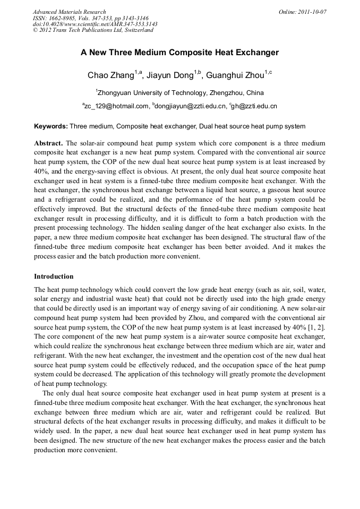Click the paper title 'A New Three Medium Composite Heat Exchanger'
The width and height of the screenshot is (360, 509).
(x=179, y=53)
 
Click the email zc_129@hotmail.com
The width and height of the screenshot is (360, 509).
(x=116, y=106)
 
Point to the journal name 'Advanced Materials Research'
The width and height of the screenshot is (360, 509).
(x=69, y=12)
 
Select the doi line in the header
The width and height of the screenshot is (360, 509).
(x=95, y=24)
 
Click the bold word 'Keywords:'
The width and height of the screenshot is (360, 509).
(x=50, y=126)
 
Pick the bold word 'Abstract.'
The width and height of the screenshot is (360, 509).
(x=48, y=144)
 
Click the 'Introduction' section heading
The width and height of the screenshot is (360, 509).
(x=54, y=277)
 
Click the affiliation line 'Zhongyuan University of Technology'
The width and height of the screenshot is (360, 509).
(x=179, y=92)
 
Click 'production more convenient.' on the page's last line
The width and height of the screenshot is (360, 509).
(x=75, y=450)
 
